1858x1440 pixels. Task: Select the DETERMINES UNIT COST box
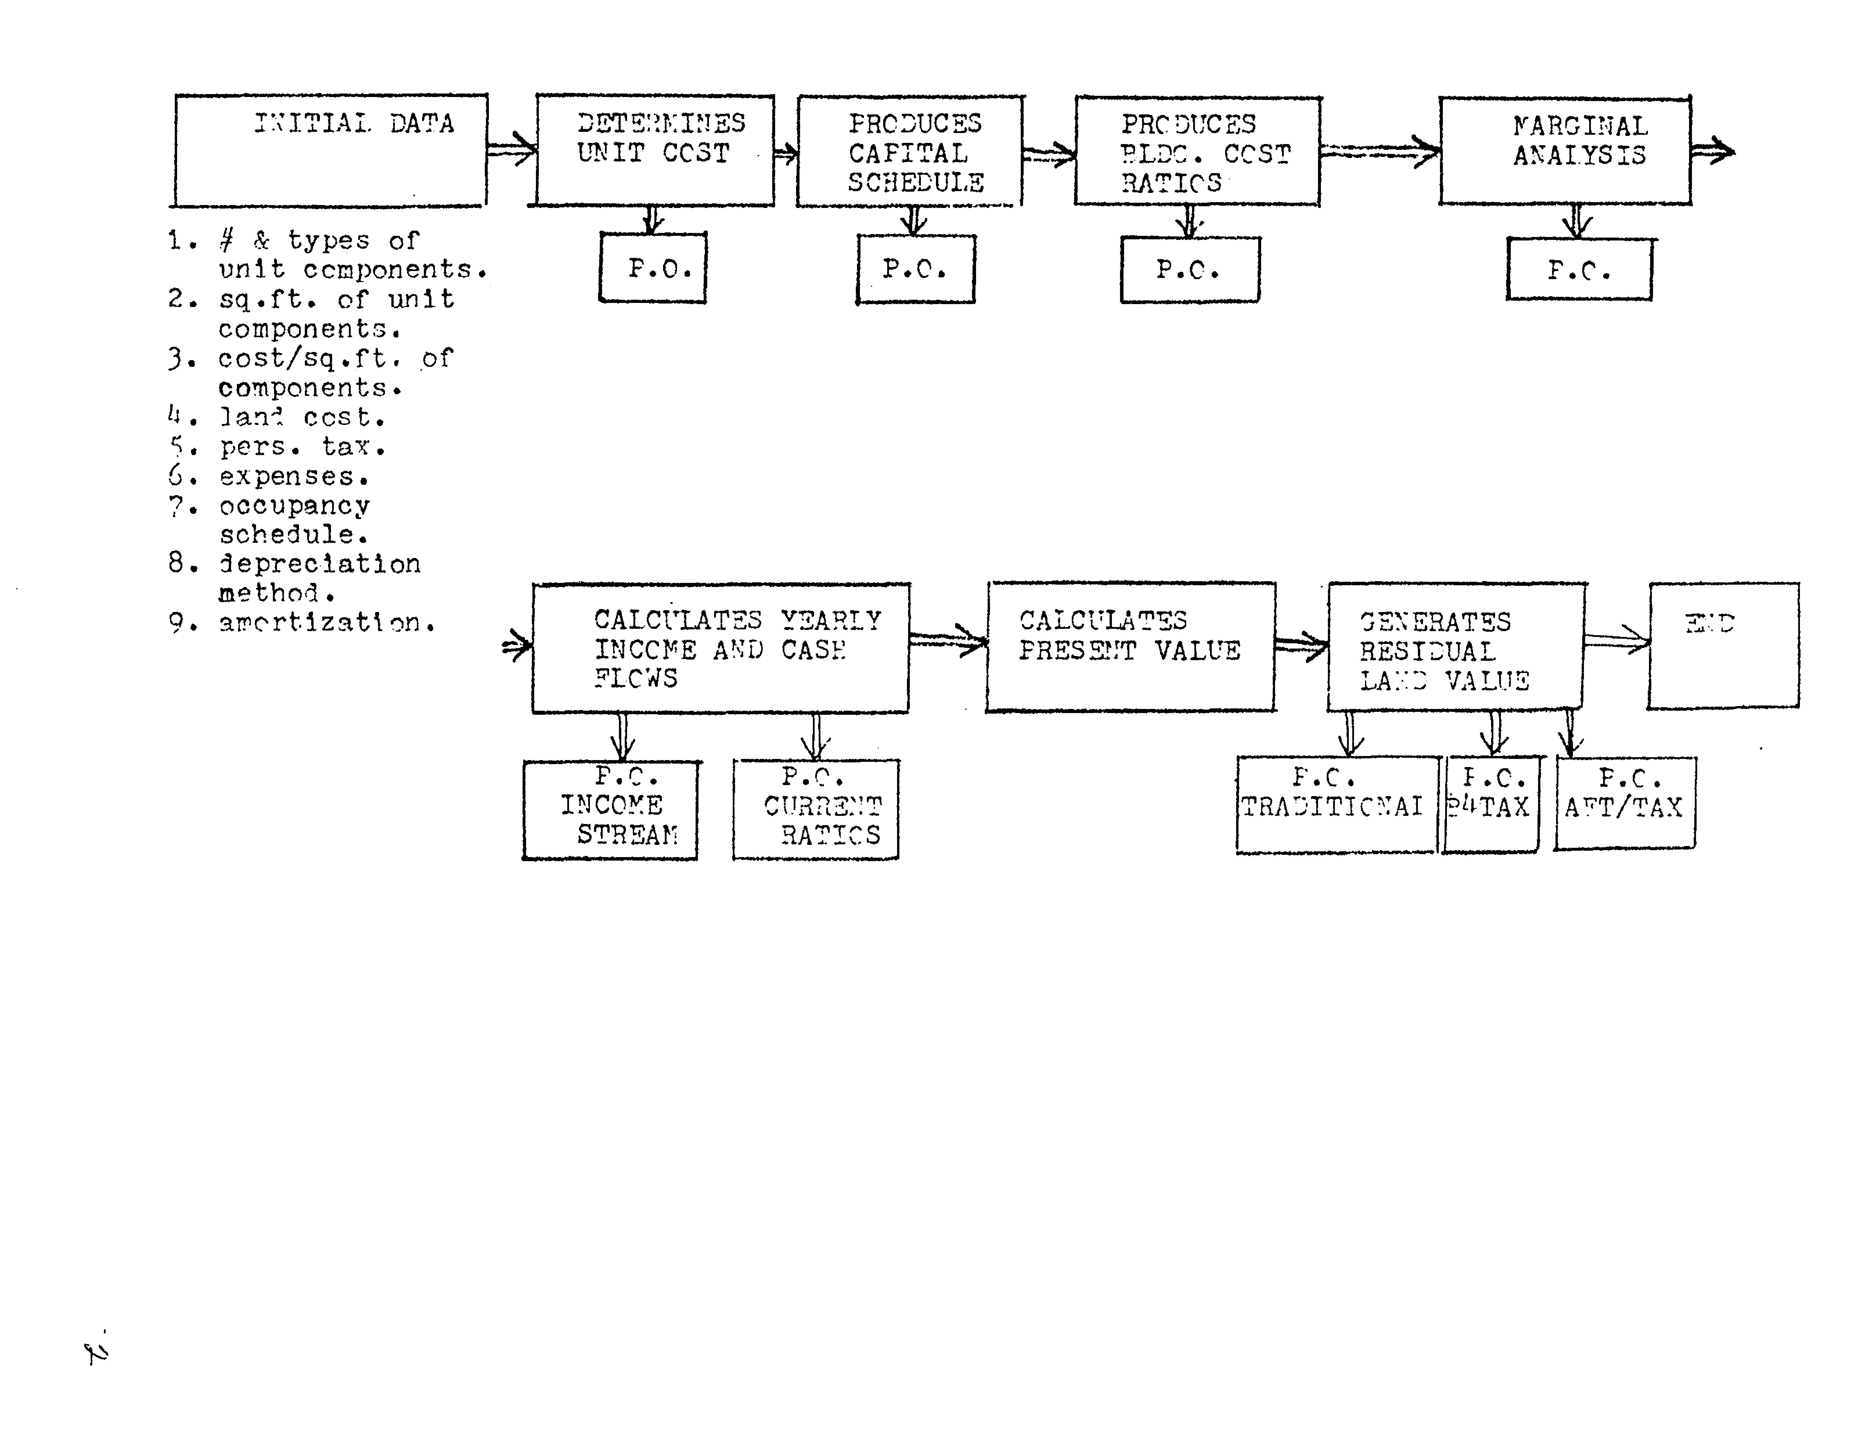point(655,150)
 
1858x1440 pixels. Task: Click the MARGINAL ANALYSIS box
point(1564,151)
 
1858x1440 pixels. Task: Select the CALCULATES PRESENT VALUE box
point(1131,647)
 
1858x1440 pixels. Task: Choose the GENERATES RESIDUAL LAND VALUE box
point(1456,647)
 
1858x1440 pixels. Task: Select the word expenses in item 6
point(294,477)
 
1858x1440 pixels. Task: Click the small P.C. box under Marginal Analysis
point(1579,270)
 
